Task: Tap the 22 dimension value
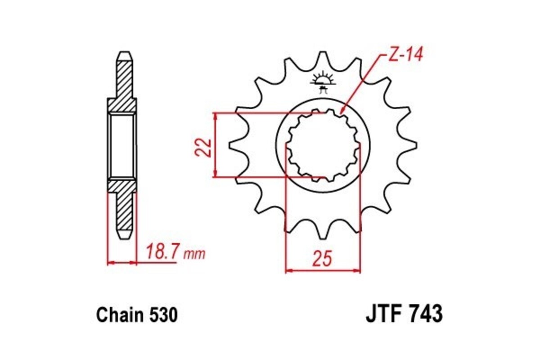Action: coord(204,147)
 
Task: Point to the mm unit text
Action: coord(194,255)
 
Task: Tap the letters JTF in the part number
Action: coord(383,314)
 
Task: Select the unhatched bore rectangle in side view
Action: coord(122,145)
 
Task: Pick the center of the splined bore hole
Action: coord(323,145)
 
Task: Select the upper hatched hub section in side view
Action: coord(121,104)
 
